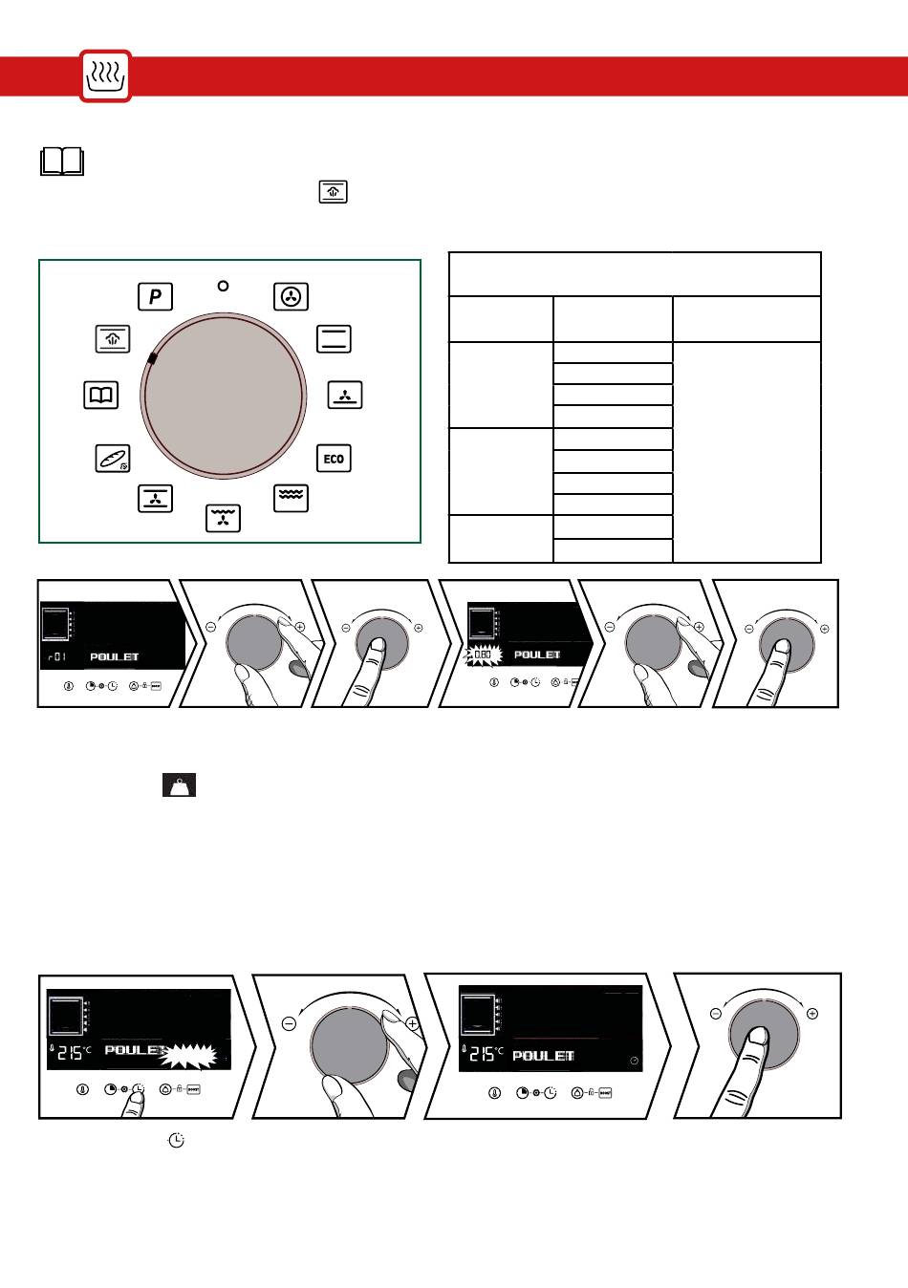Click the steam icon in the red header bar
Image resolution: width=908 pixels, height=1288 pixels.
[x=105, y=76]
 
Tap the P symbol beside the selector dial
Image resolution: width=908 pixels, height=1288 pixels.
[x=155, y=296]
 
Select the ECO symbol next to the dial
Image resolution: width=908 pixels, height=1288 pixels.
[x=334, y=459]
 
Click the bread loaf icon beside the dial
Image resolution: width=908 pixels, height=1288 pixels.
[x=113, y=459]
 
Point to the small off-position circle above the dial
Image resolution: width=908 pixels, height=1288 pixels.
[x=223, y=286]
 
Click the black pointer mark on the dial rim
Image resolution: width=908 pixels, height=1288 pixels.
[x=151, y=358]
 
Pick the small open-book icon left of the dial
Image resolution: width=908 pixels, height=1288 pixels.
[x=101, y=395]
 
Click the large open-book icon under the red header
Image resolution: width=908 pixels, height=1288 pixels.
[x=62, y=161]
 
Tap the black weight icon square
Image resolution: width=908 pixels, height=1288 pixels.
[x=179, y=784]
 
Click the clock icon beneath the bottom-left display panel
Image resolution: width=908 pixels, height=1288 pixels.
[x=177, y=1140]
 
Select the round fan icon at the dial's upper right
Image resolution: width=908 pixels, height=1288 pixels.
[x=291, y=296]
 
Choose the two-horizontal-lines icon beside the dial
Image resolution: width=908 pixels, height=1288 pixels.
[x=334, y=339]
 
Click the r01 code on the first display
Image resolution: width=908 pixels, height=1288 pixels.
[x=57, y=657]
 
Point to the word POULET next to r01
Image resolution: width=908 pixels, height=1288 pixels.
[x=115, y=657]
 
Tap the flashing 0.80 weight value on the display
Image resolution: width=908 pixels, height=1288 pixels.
[x=483, y=655]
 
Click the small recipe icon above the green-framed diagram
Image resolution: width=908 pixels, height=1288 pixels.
[x=333, y=192]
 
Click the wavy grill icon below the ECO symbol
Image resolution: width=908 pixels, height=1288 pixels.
[x=291, y=497]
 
